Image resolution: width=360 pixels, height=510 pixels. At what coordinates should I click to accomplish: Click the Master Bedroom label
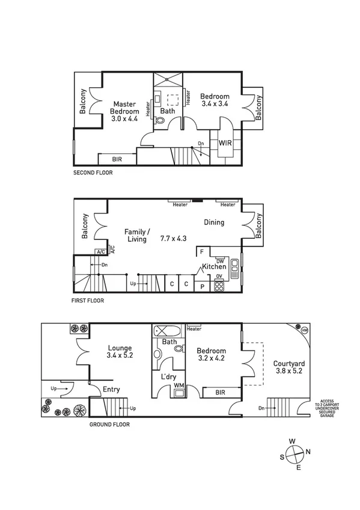point(125,111)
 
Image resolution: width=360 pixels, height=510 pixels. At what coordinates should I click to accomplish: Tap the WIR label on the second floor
point(225,143)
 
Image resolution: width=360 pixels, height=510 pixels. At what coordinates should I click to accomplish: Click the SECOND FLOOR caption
point(93,173)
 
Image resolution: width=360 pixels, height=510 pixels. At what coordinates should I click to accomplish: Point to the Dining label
point(213,223)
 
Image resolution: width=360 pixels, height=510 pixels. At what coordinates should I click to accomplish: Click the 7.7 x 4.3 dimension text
point(173,238)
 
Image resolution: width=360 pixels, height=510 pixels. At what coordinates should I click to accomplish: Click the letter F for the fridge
point(202,251)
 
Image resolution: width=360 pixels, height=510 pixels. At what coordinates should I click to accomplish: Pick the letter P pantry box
point(202,285)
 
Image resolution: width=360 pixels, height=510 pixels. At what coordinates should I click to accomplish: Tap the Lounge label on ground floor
point(119,348)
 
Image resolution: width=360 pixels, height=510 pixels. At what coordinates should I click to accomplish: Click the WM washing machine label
point(178,386)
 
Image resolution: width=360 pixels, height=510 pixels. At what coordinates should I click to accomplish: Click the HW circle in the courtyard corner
point(304,331)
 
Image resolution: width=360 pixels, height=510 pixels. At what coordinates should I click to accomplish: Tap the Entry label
point(111,390)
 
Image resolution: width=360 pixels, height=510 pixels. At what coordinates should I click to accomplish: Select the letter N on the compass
point(308,452)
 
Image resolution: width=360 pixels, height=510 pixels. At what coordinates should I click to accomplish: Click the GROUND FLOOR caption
point(109,425)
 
